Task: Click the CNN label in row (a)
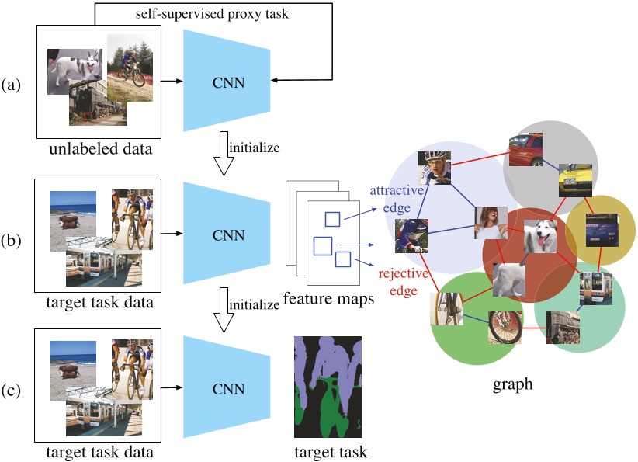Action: [x=228, y=82]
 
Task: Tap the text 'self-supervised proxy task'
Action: [x=212, y=14]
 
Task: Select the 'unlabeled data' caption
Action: [x=100, y=148]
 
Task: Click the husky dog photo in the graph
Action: [x=539, y=236]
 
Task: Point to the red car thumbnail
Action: [x=525, y=149]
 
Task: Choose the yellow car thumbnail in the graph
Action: [x=575, y=180]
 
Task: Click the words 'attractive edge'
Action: [x=397, y=199]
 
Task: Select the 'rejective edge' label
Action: [x=404, y=282]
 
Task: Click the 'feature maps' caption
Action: [x=328, y=298]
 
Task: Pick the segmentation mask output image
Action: [x=328, y=387]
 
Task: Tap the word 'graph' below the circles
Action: [x=513, y=384]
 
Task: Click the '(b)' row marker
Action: [x=11, y=240]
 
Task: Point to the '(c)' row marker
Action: [x=11, y=390]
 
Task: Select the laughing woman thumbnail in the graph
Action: [x=491, y=223]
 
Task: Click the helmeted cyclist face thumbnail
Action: [x=434, y=168]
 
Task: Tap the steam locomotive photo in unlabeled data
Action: [x=98, y=102]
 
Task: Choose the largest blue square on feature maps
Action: [x=323, y=246]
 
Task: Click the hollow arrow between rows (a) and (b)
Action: [x=224, y=154]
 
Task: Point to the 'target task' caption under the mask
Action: [x=331, y=452]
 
